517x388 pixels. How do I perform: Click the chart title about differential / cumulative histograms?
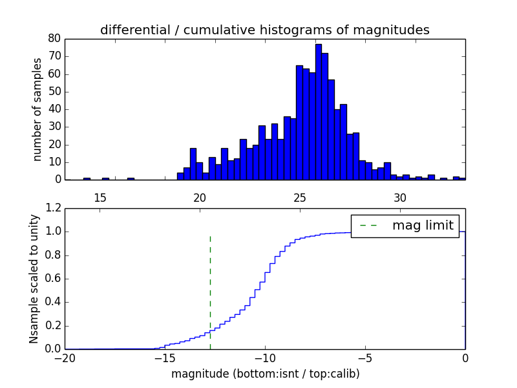click(264, 30)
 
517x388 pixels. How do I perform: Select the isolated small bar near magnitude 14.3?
click(87, 178)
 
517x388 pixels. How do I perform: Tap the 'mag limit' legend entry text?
click(423, 225)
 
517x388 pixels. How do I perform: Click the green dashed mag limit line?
click(210, 291)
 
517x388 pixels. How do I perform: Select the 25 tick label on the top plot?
click(300, 197)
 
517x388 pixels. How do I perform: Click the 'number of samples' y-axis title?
click(37, 109)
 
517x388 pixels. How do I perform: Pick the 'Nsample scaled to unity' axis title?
click(34, 279)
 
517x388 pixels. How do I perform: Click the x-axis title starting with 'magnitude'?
click(265, 374)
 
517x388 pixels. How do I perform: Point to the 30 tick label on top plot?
click(400, 197)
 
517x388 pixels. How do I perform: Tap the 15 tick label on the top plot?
click(100, 197)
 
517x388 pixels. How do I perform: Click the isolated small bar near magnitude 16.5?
click(131, 178)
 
